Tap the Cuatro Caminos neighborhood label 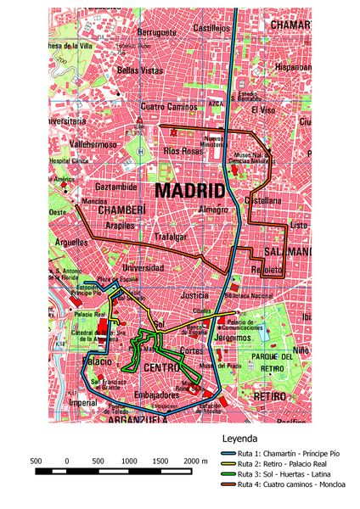tap(168, 107)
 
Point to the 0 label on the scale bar tap(66, 461)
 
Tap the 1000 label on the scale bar tap(129, 461)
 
